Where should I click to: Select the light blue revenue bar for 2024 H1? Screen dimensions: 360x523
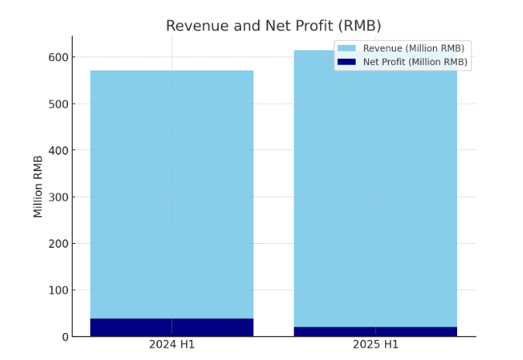click(x=171, y=194)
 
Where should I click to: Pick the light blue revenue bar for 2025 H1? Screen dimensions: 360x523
click(x=375, y=194)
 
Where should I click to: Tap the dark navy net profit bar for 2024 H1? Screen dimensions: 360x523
click(x=171, y=327)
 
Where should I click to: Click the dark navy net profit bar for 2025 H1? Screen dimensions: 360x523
click(x=375, y=331)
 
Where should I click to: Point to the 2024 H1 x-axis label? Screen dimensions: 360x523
click(x=171, y=344)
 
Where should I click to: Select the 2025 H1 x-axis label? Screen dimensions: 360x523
click(x=375, y=344)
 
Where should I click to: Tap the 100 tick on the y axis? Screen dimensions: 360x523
click(x=58, y=290)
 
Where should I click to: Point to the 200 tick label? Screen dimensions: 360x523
click(x=58, y=244)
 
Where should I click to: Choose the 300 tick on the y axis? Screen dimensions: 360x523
click(x=58, y=197)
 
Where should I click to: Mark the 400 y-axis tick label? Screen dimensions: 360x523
click(x=58, y=150)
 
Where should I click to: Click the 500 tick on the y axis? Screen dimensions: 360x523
click(x=58, y=104)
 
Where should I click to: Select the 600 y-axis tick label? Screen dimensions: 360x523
click(x=58, y=57)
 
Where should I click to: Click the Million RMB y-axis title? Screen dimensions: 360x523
click(x=38, y=186)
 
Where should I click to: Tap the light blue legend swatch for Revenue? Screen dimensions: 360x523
click(x=346, y=48)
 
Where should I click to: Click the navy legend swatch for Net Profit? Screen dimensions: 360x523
click(x=346, y=62)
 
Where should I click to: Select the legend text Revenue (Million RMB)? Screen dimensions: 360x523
click(x=414, y=48)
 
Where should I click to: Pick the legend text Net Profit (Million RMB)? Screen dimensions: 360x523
click(x=415, y=62)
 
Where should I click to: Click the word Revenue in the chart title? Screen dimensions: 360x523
click(x=194, y=26)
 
